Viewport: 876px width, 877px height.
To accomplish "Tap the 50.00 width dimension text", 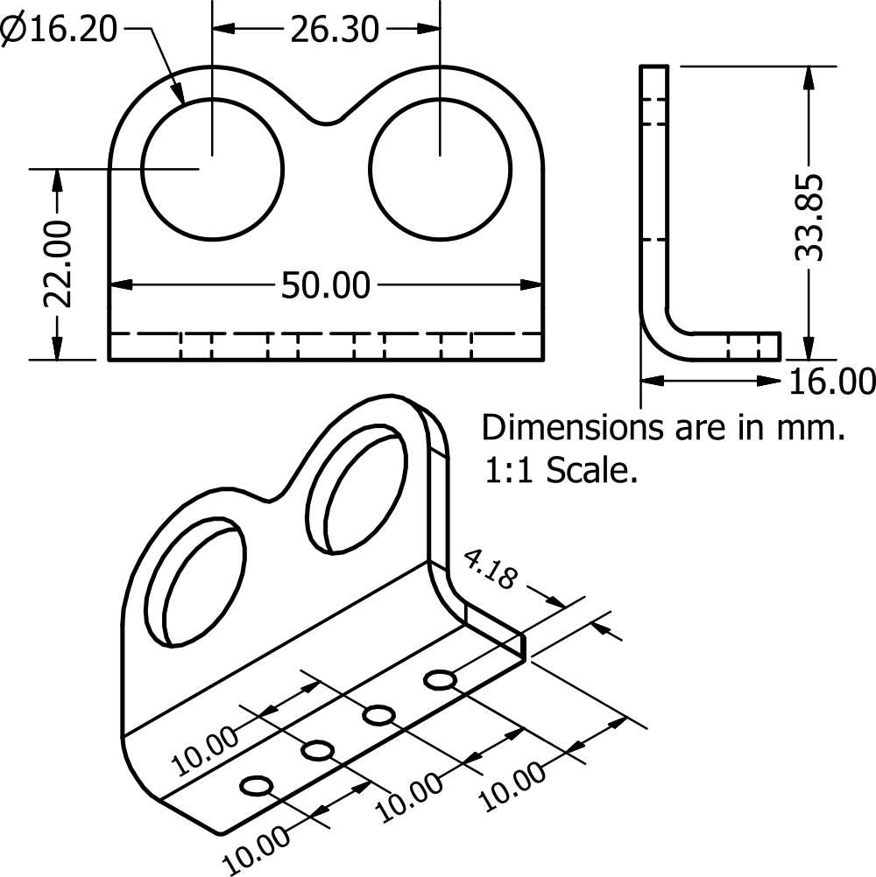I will click(x=325, y=285).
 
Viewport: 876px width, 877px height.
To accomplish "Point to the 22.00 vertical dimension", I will click(x=58, y=264).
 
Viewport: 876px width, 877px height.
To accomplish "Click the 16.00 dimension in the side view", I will click(x=831, y=382).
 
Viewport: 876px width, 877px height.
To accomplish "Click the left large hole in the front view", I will click(x=213, y=168).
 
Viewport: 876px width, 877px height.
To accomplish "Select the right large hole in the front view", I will click(x=440, y=168).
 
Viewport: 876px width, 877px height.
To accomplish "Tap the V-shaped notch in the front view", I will click(x=327, y=121).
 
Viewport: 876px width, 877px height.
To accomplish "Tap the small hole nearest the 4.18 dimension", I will click(x=440, y=679).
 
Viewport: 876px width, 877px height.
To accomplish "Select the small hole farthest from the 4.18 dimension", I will click(x=257, y=786).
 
